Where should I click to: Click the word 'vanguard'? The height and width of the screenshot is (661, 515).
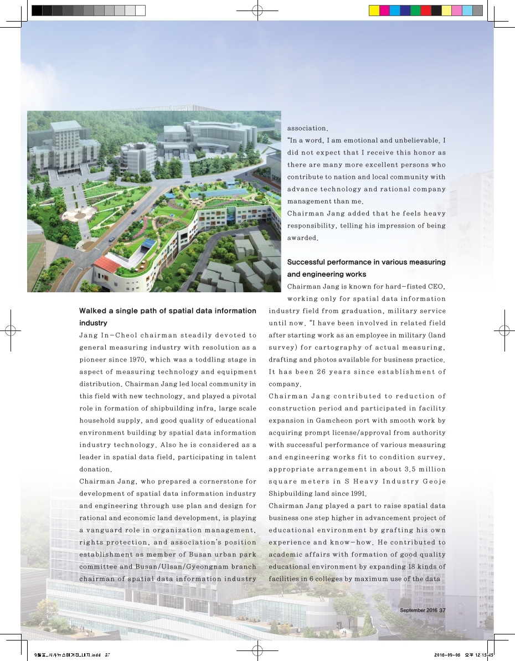tap(108, 530)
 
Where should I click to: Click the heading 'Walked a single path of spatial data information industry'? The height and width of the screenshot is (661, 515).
tap(167, 317)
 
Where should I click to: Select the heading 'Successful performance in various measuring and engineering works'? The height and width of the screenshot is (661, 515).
tap(366, 268)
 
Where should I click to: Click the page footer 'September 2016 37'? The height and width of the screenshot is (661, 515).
tap(422, 610)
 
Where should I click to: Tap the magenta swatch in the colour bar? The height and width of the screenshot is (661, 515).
tap(384, 10)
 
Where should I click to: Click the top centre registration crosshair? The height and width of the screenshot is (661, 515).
tap(257, 10)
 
